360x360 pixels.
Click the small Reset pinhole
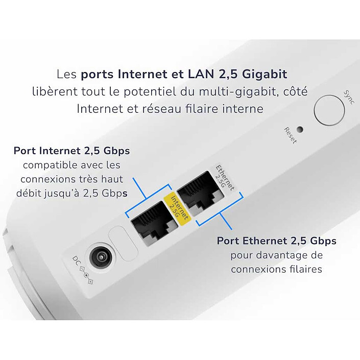(x=300, y=130)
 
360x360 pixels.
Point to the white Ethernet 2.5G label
(x=224, y=178)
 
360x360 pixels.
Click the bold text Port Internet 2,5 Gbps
(x=71, y=151)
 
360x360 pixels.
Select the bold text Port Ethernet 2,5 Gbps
(x=276, y=241)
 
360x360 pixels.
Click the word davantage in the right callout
(x=282, y=254)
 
